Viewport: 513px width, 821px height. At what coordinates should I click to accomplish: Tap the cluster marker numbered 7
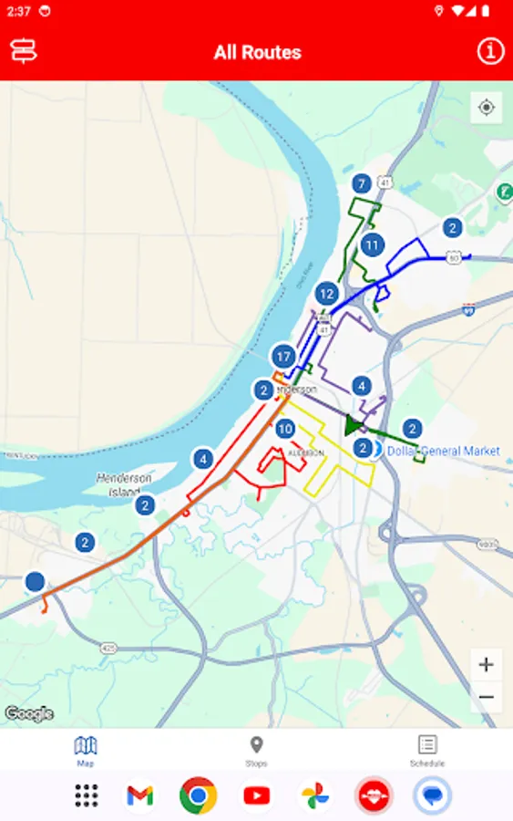coord(362,183)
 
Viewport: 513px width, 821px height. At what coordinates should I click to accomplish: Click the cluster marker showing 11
coord(371,244)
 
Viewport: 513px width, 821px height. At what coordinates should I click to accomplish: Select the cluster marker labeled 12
coord(327,294)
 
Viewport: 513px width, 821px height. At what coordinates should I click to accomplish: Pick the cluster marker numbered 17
coord(283,357)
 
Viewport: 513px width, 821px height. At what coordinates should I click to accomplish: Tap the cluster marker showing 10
coord(285,429)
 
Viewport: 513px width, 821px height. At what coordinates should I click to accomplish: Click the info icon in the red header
coord(490,51)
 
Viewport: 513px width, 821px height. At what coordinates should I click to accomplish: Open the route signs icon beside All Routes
coord(24,51)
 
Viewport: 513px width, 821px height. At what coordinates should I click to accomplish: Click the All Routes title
coord(257,52)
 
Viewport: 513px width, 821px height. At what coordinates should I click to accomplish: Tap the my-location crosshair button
coord(487,108)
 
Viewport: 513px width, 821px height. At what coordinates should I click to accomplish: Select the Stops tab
coord(256,751)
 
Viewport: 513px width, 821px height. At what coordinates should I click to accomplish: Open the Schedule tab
coord(427,751)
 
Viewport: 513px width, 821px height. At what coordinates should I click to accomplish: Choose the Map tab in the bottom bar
coord(85,751)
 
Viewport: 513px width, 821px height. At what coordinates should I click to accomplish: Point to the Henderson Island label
coord(125,484)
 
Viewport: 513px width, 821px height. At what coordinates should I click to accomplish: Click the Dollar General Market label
coord(443,451)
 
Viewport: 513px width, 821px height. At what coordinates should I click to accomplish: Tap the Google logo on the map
coord(28,713)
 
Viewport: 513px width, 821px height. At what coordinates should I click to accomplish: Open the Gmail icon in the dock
coord(139,795)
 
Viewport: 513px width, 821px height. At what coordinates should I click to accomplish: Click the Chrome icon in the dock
coord(198,795)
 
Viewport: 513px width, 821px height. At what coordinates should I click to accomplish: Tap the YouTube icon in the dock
coord(256,795)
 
